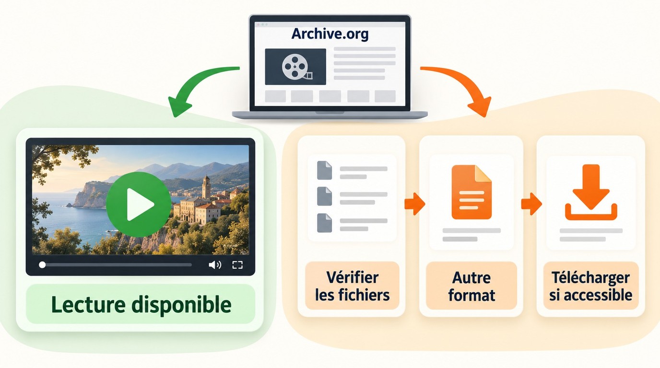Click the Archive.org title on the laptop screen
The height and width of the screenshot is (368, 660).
(330, 34)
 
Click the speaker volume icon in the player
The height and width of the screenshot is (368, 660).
(215, 265)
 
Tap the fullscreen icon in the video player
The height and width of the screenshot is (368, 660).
(237, 265)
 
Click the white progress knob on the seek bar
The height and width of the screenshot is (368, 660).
(42, 265)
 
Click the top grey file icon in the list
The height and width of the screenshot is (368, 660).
(324, 170)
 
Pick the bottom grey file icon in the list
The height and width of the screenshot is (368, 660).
(324, 223)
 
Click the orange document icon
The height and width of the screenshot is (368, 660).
(471, 192)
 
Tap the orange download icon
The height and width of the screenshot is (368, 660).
(591, 192)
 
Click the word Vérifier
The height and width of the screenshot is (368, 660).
(353, 277)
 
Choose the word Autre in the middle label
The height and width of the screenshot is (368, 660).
(471, 277)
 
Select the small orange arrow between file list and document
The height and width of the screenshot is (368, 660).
(414, 204)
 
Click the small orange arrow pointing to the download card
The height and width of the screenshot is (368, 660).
(531, 204)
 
